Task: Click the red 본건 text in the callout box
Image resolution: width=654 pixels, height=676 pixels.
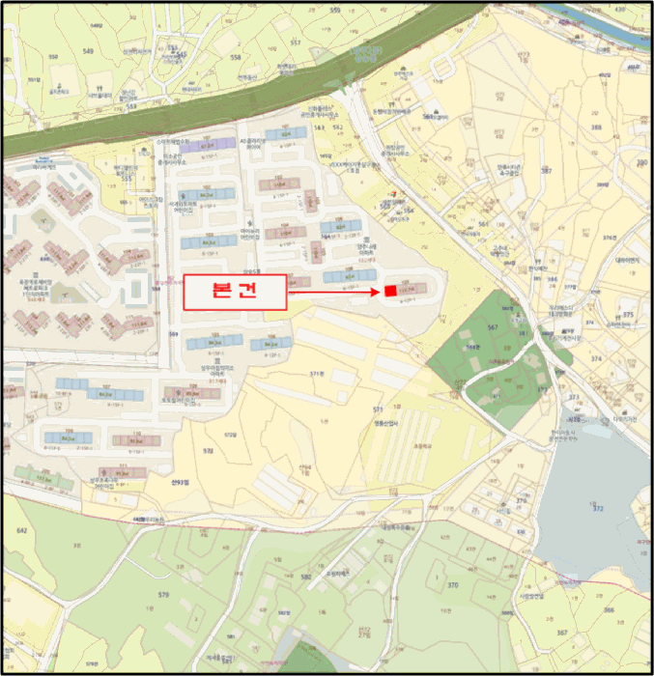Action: click(x=235, y=292)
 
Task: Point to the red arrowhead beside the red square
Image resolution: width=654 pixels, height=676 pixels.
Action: click(x=377, y=291)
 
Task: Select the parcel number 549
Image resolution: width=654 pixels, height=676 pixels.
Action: click(x=88, y=50)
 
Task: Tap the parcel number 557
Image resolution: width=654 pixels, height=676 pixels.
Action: click(x=296, y=43)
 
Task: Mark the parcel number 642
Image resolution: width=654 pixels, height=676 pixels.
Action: click(x=22, y=530)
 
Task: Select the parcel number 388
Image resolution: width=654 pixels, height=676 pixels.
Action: click(x=596, y=127)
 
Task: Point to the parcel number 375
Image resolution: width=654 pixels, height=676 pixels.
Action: click(x=628, y=315)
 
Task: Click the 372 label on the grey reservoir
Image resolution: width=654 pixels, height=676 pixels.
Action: click(x=597, y=508)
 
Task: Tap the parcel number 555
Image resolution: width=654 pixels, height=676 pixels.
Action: click(x=127, y=179)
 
